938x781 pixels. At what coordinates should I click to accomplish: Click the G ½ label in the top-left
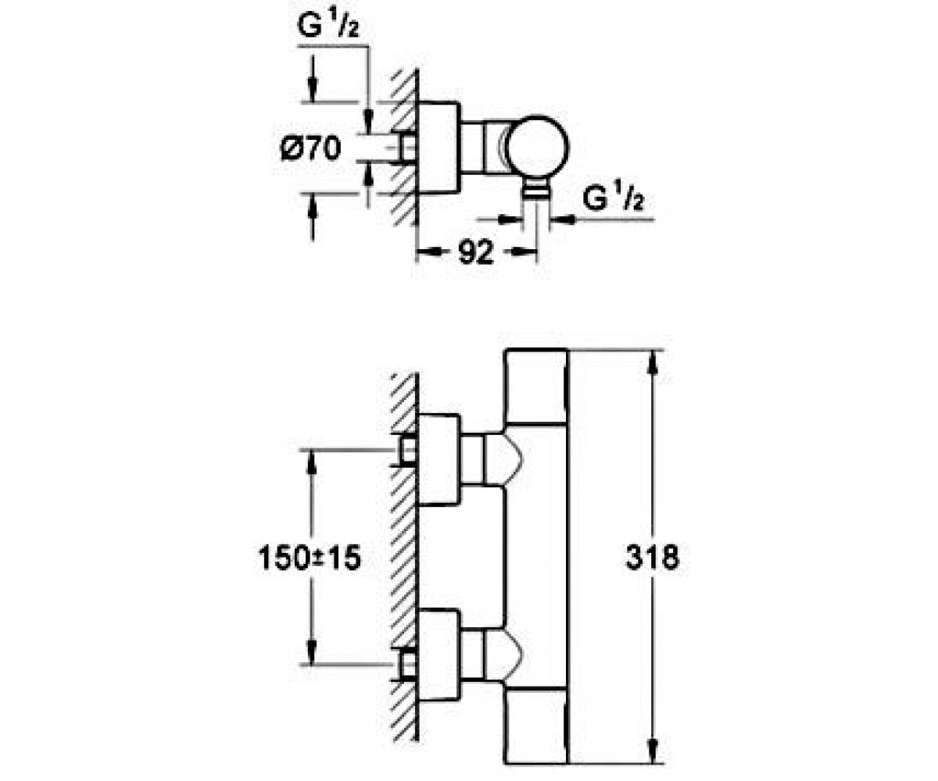pyautogui.click(x=328, y=27)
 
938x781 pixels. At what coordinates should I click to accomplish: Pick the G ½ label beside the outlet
pyautogui.click(x=613, y=198)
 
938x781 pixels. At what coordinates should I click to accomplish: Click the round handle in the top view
pyautogui.click(x=539, y=146)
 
